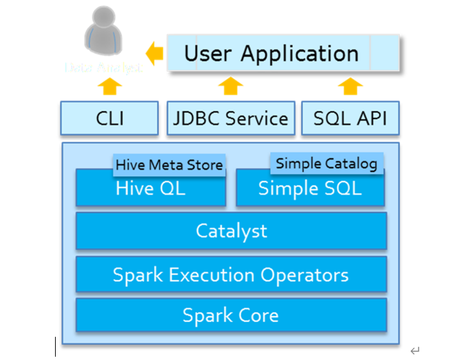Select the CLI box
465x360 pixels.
pyautogui.click(x=109, y=119)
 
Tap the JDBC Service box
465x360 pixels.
pyautogui.click(x=230, y=119)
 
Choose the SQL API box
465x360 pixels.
pyautogui.click(x=350, y=119)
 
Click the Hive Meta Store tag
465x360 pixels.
pyautogui.click(x=169, y=164)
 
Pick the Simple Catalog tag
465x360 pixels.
pyautogui.click(x=326, y=163)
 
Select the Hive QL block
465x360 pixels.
pyautogui.click(x=151, y=190)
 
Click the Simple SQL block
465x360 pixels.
pyautogui.click(x=310, y=190)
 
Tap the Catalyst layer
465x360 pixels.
pyautogui.click(x=231, y=231)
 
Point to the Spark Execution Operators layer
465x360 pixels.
pyautogui.click(x=231, y=274)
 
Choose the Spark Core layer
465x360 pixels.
pyautogui.click(x=231, y=315)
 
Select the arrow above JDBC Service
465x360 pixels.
pyautogui.click(x=230, y=86)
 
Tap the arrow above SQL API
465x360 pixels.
pyautogui.click(x=350, y=86)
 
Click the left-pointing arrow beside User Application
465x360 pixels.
pyautogui.click(x=155, y=54)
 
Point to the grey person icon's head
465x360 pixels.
pyautogui.click(x=103, y=20)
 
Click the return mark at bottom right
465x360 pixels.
pyautogui.click(x=415, y=351)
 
